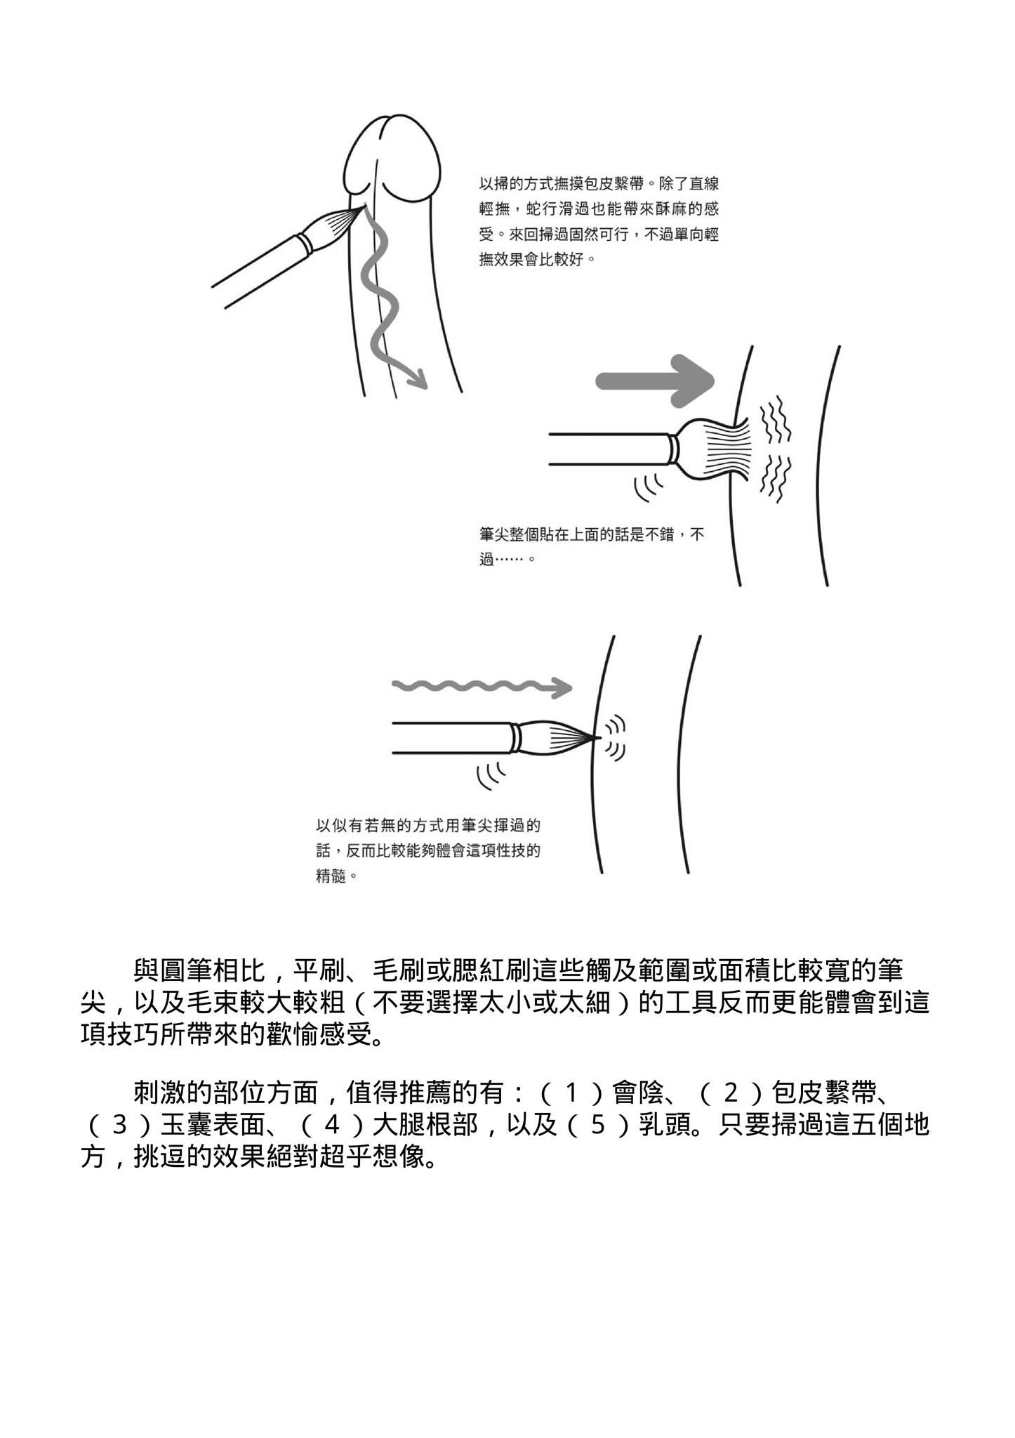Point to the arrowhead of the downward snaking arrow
418,380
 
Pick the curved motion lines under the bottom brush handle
490,774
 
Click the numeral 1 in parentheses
571,1093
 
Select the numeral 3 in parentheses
119,1126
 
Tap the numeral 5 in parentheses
597,1126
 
